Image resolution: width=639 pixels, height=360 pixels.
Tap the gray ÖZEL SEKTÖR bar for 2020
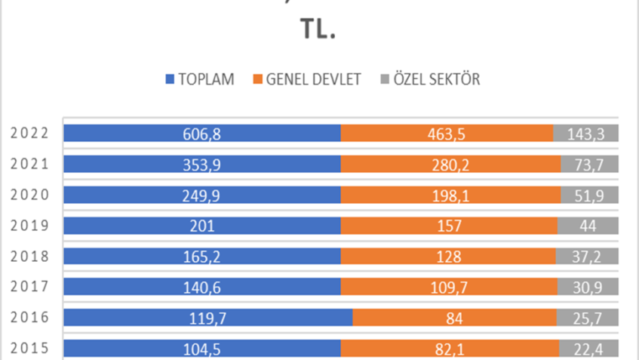(589, 195)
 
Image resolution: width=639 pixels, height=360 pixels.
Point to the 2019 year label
(30, 226)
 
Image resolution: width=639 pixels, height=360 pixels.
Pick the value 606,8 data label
(201, 134)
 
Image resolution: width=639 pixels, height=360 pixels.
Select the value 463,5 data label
(447, 134)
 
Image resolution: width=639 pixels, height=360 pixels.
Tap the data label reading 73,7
(590, 165)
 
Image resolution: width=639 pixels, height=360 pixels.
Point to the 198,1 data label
(450, 195)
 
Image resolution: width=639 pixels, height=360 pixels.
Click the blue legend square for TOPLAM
(170, 79)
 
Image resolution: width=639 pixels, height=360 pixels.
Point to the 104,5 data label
(201, 349)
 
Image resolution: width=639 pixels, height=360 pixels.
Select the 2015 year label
(30, 349)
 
